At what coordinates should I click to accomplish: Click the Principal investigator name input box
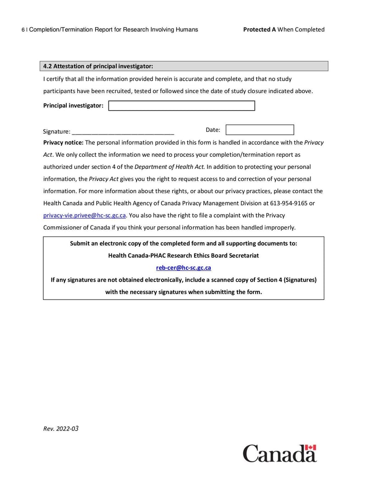pyautogui.click(x=181, y=106)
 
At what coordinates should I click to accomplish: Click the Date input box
pyautogui.click(x=259, y=130)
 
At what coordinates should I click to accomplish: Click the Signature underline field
pyautogui.click(x=123, y=131)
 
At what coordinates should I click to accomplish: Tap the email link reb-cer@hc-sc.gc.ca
pyautogui.click(x=184, y=268)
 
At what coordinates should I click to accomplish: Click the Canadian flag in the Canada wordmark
pyautogui.click(x=311, y=448)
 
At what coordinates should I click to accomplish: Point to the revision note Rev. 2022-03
pyautogui.click(x=61, y=429)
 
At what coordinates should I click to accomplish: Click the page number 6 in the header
pyautogui.click(x=23, y=30)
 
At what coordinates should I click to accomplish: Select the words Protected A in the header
pyautogui.click(x=259, y=29)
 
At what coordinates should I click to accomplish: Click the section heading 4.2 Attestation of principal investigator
pyautogui.click(x=98, y=66)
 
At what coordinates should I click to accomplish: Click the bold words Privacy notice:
pyautogui.click(x=63, y=143)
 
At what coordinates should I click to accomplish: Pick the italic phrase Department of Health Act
pyautogui.click(x=169, y=167)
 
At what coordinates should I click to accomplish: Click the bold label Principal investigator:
pyautogui.click(x=73, y=106)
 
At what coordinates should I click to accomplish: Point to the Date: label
pyautogui.click(x=213, y=130)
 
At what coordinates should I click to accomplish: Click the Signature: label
pyautogui.click(x=57, y=131)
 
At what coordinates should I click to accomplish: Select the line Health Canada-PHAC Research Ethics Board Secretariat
pyautogui.click(x=184, y=255)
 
